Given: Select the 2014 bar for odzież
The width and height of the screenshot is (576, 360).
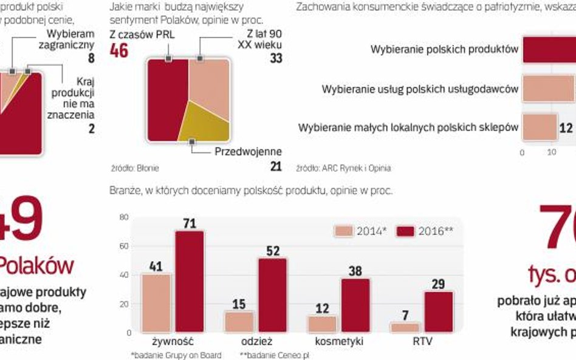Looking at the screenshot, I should click(x=239, y=322).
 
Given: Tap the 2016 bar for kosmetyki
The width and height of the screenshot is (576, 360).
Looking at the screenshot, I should click(x=355, y=305).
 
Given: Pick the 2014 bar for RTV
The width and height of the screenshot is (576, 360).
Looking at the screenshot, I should click(x=405, y=327).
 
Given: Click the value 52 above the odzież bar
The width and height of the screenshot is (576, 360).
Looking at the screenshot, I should click(x=272, y=251).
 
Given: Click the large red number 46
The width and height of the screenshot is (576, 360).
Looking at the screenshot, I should click(x=119, y=50).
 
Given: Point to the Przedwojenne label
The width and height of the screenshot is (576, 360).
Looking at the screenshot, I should click(x=249, y=152).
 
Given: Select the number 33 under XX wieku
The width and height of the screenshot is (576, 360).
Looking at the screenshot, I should click(x=276, y=58).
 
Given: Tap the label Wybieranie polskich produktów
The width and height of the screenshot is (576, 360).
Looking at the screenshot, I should click(x=444, y=49).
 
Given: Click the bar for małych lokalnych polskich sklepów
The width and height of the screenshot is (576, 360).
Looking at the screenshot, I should click(x=538, y=128).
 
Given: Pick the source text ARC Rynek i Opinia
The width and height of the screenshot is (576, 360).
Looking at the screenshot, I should click(x=352, y=168).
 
